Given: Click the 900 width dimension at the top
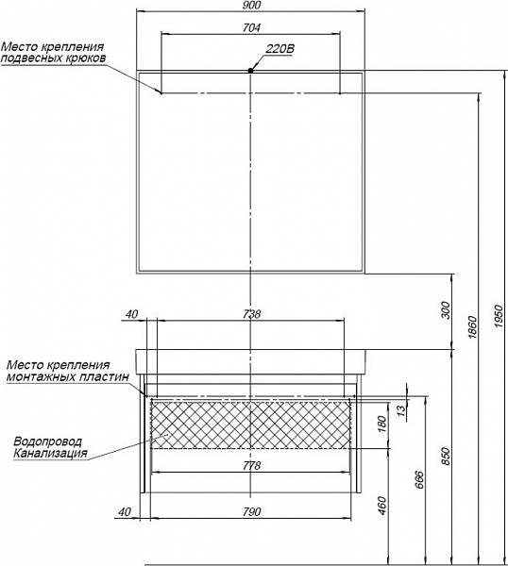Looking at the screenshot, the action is click(x=251, y=5).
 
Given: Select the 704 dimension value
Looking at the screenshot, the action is click(x=251, y=27).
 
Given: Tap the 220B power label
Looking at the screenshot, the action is click(x=280, y=49).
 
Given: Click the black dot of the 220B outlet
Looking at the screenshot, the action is click(x=250, y=71).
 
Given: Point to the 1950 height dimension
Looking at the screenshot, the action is click(x=499, y=316).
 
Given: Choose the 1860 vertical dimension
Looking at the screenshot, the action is click(x=472, y=327).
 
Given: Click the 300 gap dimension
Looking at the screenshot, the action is click(x=447, y=310).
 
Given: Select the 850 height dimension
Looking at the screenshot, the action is click(x=447, y=457).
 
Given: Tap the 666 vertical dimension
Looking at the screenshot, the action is click(x=419, y=479).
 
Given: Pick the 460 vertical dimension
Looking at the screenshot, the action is click(x=383, y=506).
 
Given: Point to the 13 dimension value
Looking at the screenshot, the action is click(x=401, y=409).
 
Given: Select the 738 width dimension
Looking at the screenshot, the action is click(x=251, y=314).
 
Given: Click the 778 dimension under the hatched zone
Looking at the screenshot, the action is click(x=251, y=466).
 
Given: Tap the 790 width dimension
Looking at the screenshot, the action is click(x=251, y=511).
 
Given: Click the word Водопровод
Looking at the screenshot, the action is click(x=48, y=441).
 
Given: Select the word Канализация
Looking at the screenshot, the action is click(x=50, y=453).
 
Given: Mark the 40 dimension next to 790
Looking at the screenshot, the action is click(x=125, y=511).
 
